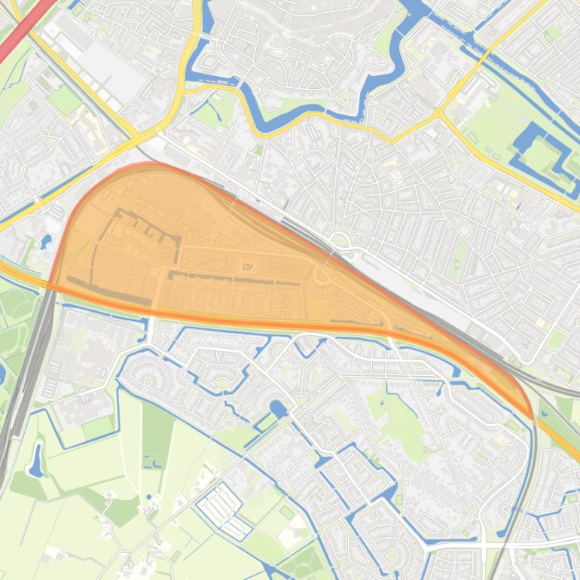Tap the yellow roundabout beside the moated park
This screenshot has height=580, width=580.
(439, 114)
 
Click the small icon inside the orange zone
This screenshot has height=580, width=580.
(247, 266)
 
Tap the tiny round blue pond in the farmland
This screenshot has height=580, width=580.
(148, 497)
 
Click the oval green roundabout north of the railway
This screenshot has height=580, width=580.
(339, 241)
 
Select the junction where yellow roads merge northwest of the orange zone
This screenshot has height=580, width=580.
(136, 136)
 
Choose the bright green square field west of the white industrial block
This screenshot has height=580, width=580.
(66, 100)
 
